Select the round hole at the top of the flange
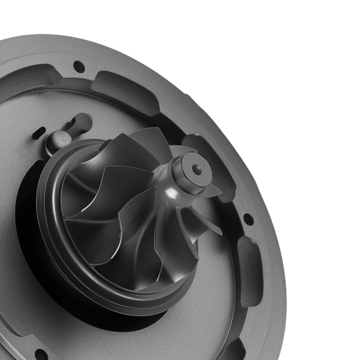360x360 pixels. (x=79, y=66)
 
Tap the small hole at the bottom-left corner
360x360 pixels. (x=40, y=354)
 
